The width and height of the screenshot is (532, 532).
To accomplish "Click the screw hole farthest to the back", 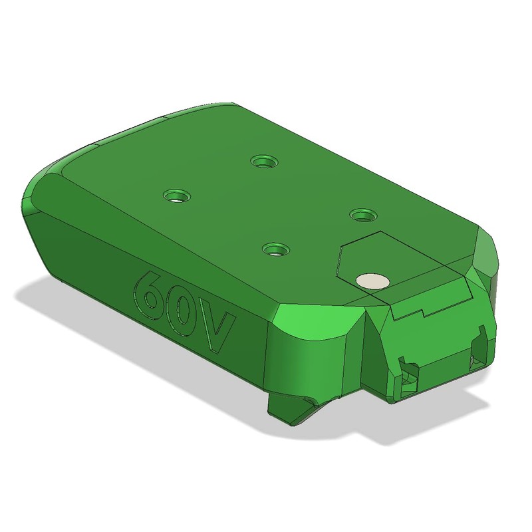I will (x=265, y=161).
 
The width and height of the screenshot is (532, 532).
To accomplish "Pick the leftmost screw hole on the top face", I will (x=177, y=196).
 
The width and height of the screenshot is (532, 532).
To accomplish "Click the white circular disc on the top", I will (x=372, y=280).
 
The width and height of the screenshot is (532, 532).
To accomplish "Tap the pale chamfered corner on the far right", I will (x=489, y=256).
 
